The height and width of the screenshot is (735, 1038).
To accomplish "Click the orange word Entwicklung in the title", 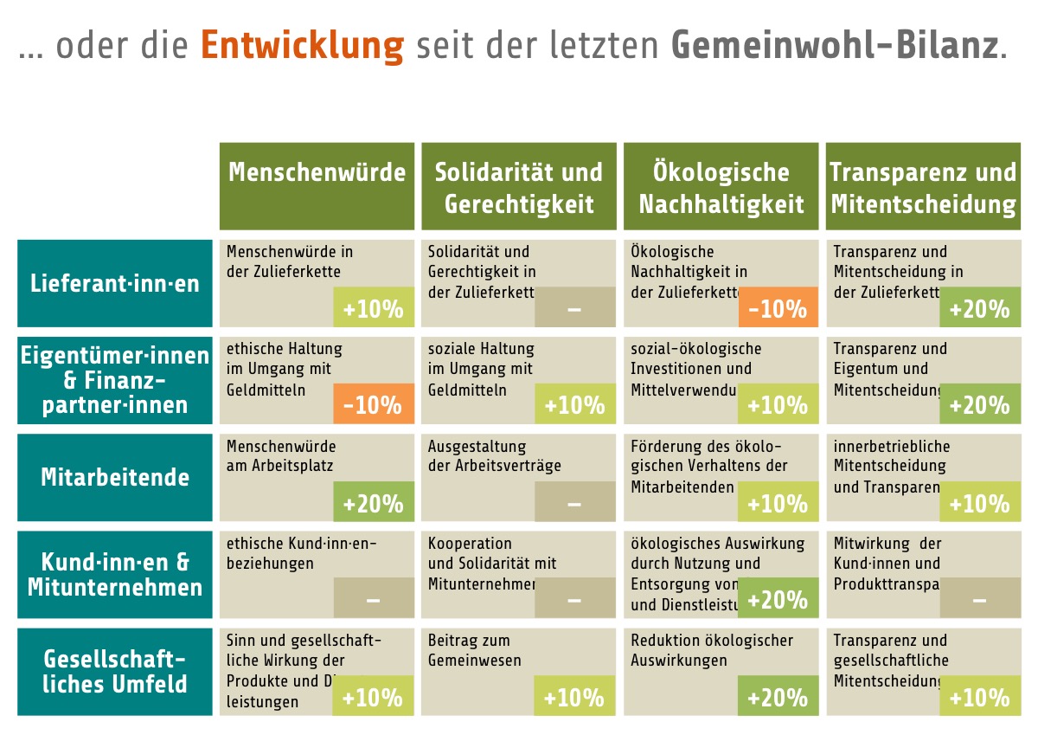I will (302, 45).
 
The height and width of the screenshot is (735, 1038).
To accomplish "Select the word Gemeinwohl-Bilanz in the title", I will (834, 45).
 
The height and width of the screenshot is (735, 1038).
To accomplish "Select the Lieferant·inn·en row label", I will (115, 283).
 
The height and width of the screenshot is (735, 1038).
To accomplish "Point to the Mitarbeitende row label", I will (115, 477).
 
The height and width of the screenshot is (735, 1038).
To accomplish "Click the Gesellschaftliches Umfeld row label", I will (115, 672).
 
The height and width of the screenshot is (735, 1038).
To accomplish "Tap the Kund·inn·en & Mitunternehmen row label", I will (115, 575).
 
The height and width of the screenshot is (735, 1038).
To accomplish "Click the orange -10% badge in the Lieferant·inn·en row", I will (778, 308).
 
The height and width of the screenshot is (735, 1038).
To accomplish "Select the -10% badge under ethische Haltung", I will (374, 404).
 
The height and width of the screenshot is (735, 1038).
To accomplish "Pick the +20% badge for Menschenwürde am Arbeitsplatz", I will (374, 502).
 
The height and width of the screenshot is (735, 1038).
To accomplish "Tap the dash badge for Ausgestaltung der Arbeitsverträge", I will (575, 502).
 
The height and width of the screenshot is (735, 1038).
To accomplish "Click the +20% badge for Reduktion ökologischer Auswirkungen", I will (778, 697).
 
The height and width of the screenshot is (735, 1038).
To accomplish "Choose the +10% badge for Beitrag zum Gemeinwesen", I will (575, 697).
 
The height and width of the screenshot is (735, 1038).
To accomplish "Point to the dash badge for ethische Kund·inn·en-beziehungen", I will (374, 599).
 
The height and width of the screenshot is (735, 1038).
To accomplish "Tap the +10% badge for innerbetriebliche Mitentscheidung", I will (980, 502).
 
